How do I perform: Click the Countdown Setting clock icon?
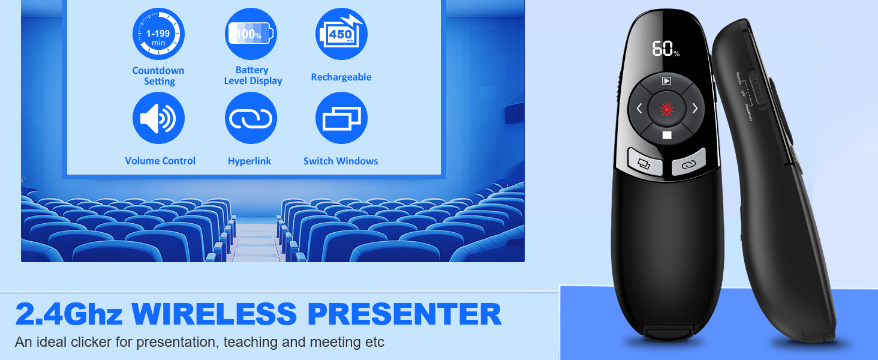[x=158, y=34]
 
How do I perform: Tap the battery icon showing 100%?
[x=251, y=34]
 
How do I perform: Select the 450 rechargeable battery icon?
[x=341, y=34]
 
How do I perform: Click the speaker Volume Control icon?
[x=158, y=118]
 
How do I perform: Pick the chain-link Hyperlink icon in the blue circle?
[x=251, y=118]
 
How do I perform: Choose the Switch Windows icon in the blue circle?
[x=341, y=118]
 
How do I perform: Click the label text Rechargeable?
[x=341, y=77]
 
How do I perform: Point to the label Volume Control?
[x=160, y=161]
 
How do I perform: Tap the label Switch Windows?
[x=341, y=161]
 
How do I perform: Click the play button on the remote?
[x=666, y=81]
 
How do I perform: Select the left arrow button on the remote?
[x=639, y=109]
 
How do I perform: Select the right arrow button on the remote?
[x=694, y=109]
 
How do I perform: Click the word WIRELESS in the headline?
[x=213, y=314]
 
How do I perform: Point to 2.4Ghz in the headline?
[x=68, y=314]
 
